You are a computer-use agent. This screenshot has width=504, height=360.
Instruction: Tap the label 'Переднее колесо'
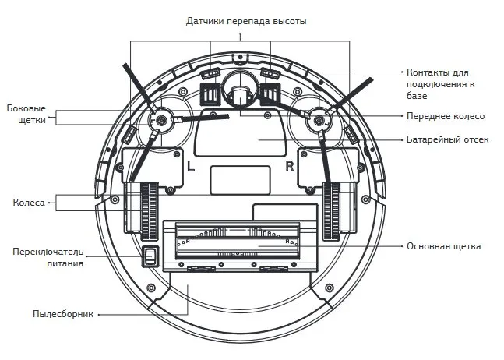pos(446,116)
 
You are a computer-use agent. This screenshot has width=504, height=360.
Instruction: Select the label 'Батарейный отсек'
pos(447,139)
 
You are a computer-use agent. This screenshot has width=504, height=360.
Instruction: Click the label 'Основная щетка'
pos(443,246)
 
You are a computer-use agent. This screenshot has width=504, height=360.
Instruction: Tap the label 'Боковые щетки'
pos(26,114)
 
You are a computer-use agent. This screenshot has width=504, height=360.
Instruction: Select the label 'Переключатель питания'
pos(48,257)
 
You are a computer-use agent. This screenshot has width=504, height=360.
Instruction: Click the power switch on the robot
pos(149,256)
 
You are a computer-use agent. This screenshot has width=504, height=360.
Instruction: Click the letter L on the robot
pos(191,165)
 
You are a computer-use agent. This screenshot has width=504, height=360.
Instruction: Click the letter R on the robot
pos(291,165)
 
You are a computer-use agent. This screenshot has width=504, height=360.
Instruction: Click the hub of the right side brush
pos(319,120)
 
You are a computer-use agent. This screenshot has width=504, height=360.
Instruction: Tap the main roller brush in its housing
pos(237,241)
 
